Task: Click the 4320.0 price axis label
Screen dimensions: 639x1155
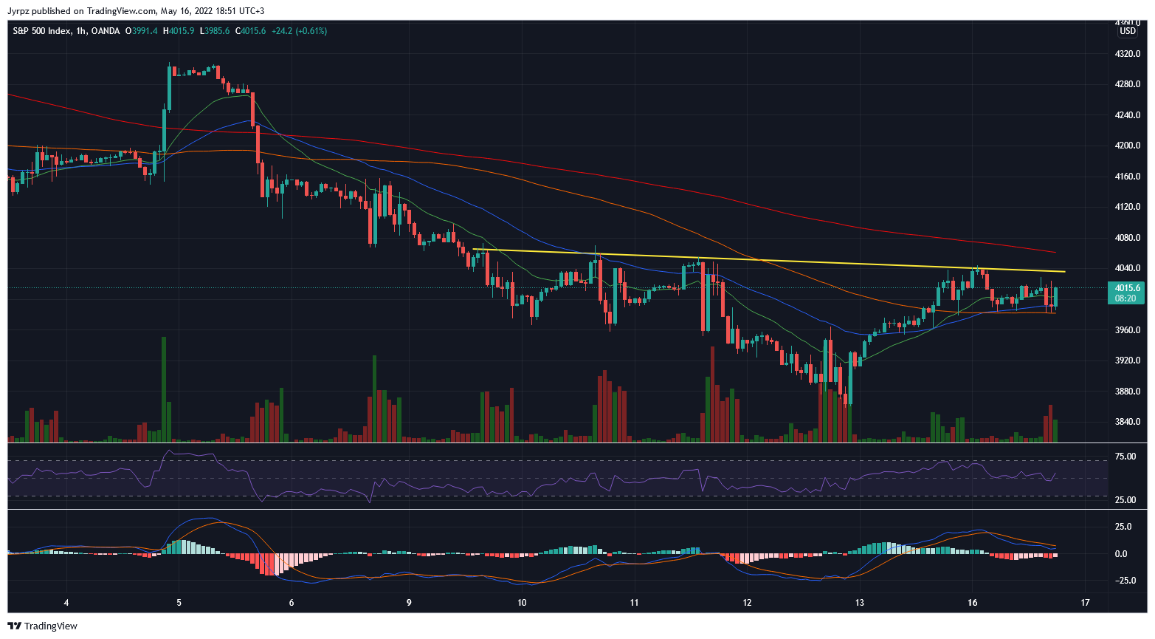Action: [1127, 54]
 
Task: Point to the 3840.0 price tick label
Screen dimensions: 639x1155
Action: [1127, 422]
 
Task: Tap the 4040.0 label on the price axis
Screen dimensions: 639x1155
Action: [1127, 268]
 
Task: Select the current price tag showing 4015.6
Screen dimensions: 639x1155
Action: [1126, 288]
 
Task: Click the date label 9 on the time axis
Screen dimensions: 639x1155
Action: [409, 603]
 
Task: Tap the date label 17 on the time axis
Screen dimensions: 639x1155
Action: [1085, 603]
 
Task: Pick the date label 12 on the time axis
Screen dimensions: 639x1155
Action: [747, 603]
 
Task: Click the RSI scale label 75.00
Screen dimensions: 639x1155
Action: [1125, 457]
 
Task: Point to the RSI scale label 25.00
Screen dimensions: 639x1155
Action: [1125, 500]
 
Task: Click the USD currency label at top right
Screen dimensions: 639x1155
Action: [1128, 31]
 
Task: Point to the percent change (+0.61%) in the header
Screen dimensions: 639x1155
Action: [311, 31]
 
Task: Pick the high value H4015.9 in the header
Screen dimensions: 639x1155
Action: [179, 31]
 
